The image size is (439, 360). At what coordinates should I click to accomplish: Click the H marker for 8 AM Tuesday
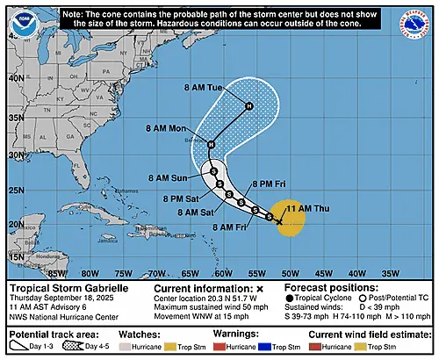coord(248,107)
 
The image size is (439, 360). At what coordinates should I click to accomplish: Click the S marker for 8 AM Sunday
coord(212,172)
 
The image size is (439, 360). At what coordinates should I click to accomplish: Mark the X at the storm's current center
coord(279,223)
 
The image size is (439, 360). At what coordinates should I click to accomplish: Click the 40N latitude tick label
coord(14,77)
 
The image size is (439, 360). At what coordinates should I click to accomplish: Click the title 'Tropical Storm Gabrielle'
coord(61,288)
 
